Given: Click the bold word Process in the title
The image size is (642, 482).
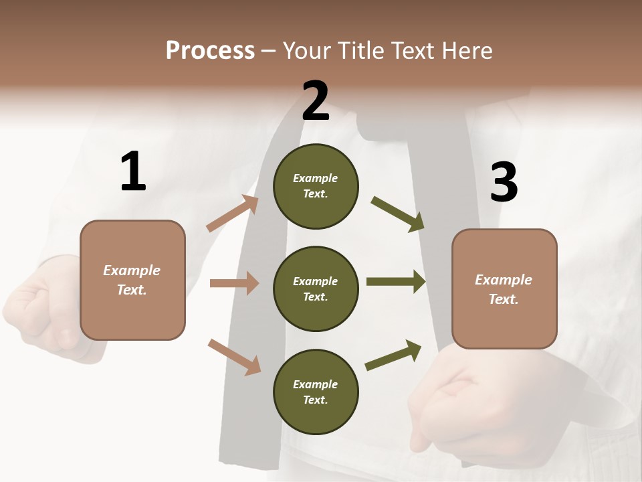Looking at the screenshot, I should click(x=210, y=50).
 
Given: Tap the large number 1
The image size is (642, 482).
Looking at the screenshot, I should click(x=133, y=171).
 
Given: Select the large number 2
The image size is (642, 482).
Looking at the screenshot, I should click(x=316, y=101).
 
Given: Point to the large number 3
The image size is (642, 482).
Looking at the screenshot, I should click(x=504, y=183).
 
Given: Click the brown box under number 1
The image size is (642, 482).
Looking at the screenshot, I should click(x=132, y=280).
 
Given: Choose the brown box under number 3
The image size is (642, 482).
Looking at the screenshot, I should click(x=504, y=289).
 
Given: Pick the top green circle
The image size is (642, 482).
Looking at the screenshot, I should click(x=316, y=186).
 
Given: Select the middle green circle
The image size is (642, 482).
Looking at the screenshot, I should click(x=316, y=289).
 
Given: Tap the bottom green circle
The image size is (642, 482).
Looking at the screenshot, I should click(x=316, y=392).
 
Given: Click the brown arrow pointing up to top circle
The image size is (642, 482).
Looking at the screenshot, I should click(x=233, y=214).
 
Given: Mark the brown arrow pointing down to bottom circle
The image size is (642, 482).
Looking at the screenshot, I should click(x=234, y=356).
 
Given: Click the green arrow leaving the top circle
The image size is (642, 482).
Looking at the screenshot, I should click(x=398, y=214).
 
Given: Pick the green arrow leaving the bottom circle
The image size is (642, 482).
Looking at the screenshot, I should click(x=393, y=355).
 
